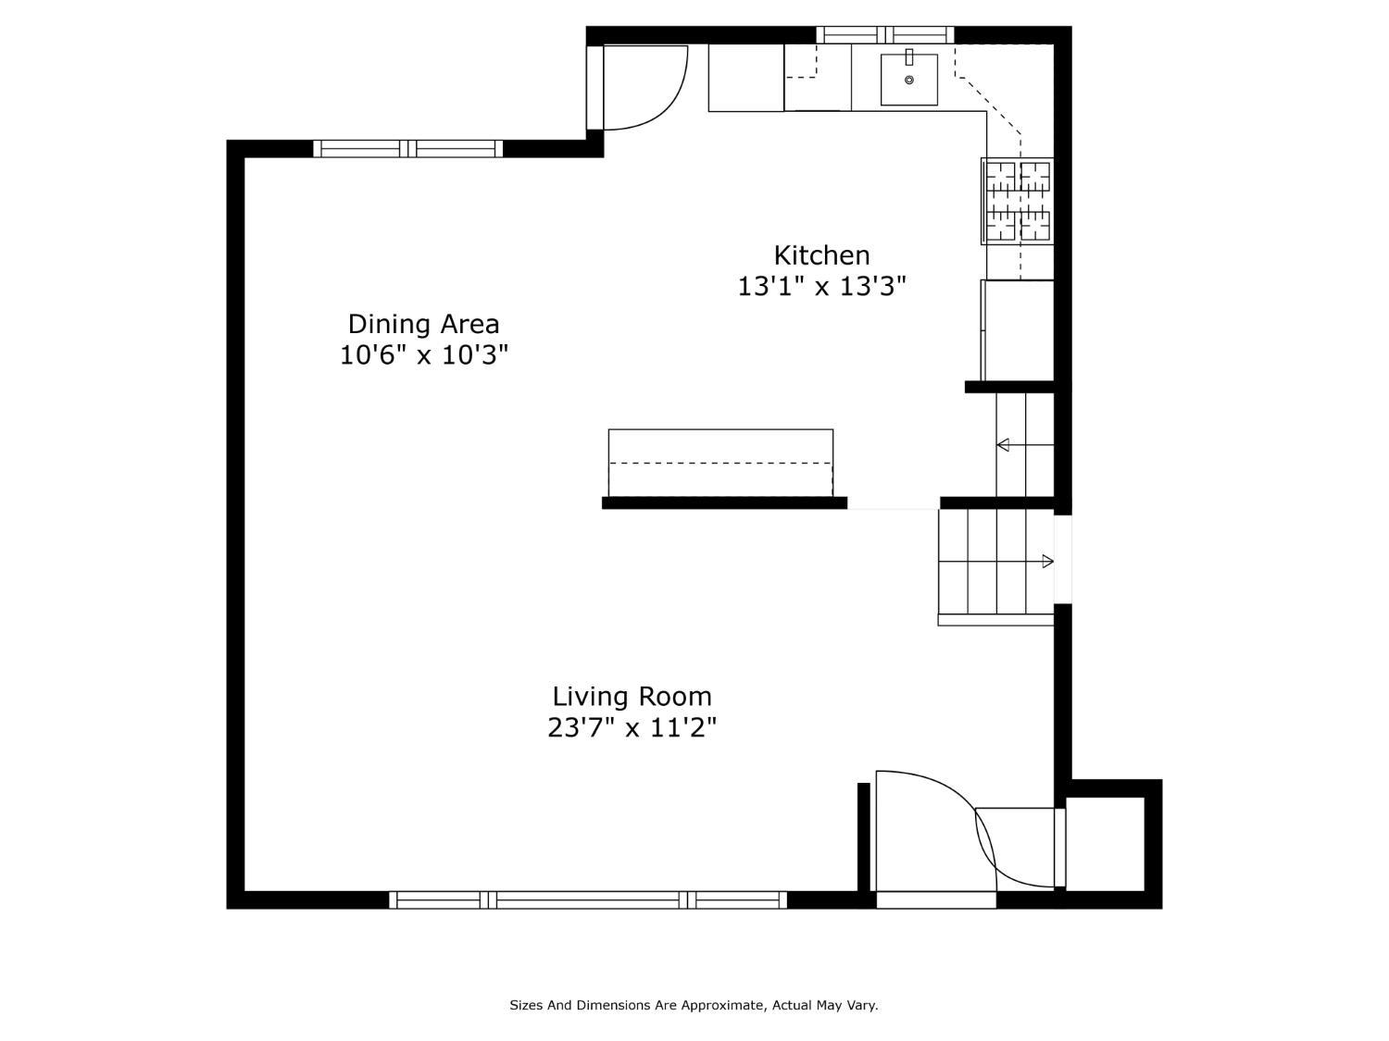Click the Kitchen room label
pos(821,255)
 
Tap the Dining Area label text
pos(423,324)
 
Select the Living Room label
pos(632,697)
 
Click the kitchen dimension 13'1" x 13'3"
pos(821,286)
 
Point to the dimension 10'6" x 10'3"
pos(423,355)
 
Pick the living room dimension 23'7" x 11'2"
pos(632,728)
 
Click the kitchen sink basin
pos(908,79)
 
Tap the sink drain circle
pos(909,80)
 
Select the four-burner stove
pos(1017,201)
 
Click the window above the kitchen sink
pos(884,34)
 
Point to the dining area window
pos(408,149)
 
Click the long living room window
pos(588,900)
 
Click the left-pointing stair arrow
pos(1025,445)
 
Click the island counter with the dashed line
pos(720,464)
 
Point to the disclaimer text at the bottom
pos(694,1005)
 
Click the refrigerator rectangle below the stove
pos(1017,330)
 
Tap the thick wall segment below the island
pos(724,503)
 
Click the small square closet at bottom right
pos(1106,844)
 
